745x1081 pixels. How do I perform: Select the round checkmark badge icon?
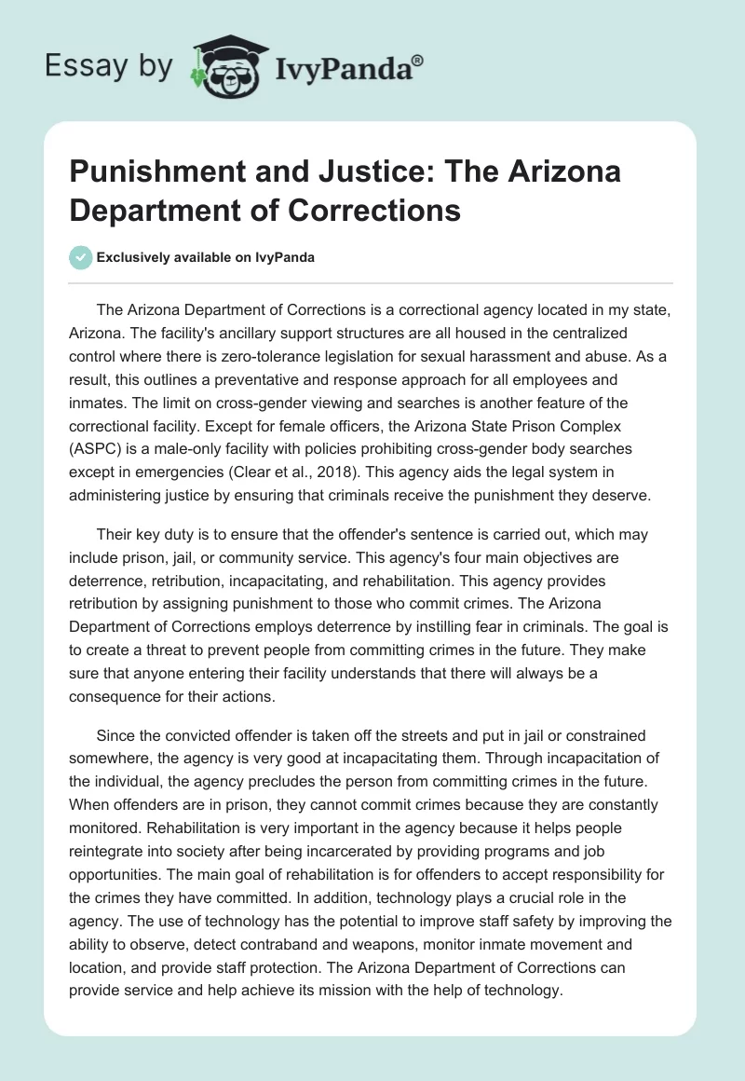click(81, 257)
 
